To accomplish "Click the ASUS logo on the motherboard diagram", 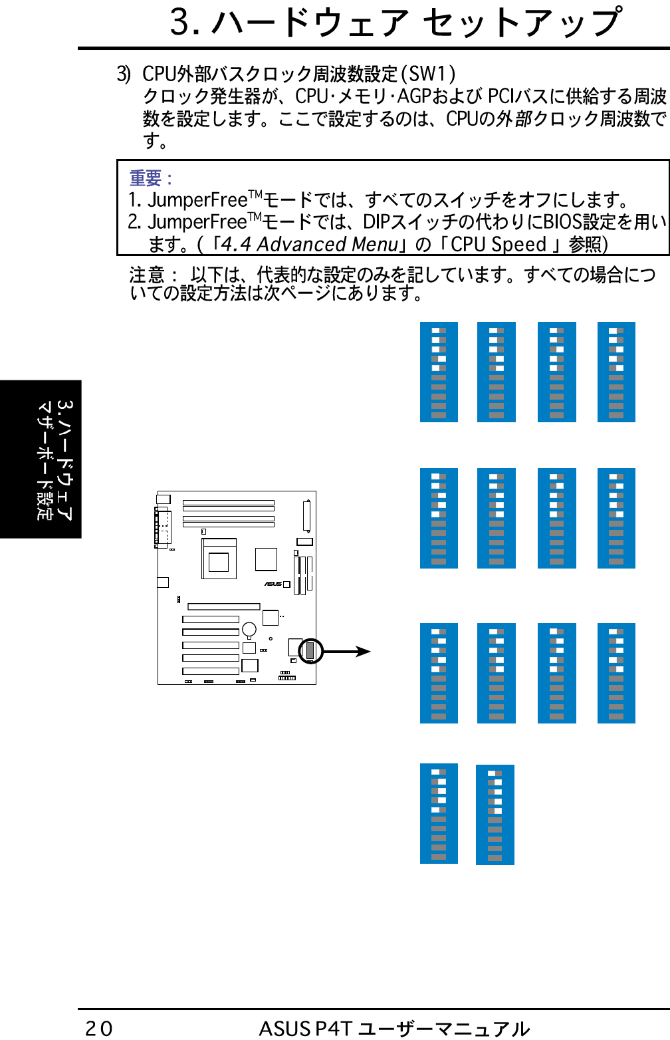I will [273, 584].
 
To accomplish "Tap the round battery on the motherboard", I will [249, 629].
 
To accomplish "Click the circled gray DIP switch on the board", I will [310, 651].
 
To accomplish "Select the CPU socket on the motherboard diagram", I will [219, 559].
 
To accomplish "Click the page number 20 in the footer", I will [98, 1029].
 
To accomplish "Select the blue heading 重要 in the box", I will [146, 178].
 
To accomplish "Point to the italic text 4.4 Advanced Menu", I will [310, 245].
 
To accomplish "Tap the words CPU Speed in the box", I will [498, 245].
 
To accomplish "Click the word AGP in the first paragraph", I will [414, 96].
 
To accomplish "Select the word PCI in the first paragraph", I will [501, 96].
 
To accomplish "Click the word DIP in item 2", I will [376, 221].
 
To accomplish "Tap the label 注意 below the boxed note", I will [147, 275].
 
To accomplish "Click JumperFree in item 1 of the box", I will [197, 200].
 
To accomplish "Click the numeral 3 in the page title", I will [180, 22].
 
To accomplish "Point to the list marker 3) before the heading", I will [124, 74].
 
